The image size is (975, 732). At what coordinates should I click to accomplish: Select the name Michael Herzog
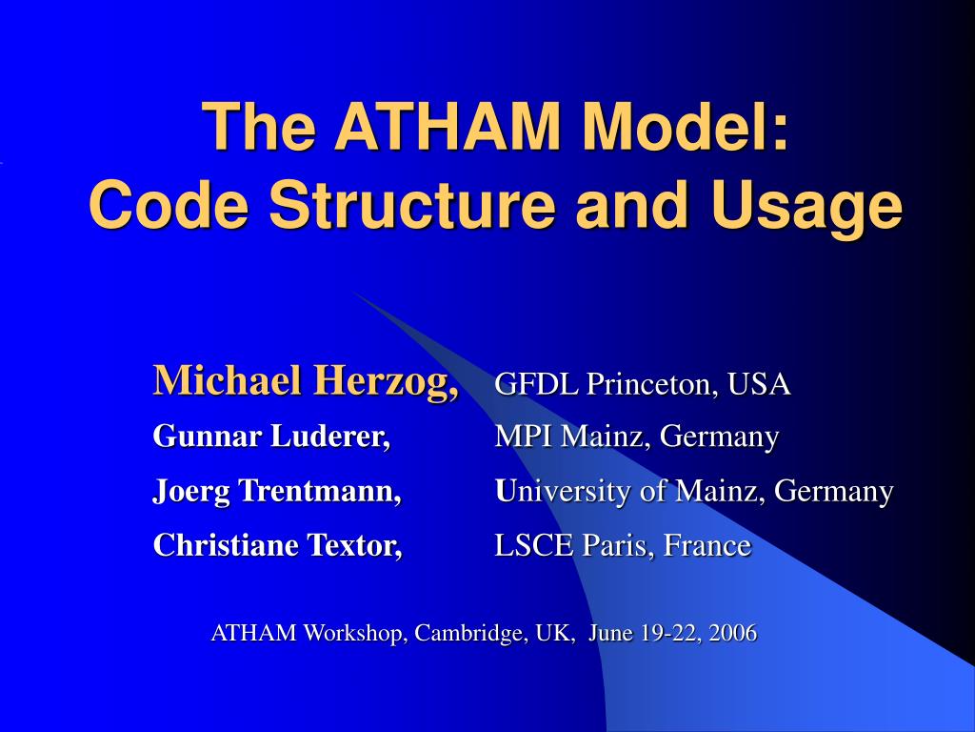click(x=306, y=381)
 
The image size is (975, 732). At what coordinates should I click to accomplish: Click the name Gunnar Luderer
click(x=272, y=437)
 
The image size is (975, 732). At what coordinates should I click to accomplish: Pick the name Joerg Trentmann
click(x=277, y=491)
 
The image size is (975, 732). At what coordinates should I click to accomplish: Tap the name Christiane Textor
click(x=277, y=545)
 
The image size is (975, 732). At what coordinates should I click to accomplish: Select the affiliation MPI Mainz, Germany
click(x=637, y=437)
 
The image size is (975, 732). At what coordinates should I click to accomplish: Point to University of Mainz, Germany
click(x=694, y=491)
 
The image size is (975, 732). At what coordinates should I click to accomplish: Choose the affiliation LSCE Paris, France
click(x=623, y=545)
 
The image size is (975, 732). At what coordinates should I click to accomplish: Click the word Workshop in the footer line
click(x=351, y=633)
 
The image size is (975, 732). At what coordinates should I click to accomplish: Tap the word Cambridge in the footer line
click(x=461, y=633)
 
